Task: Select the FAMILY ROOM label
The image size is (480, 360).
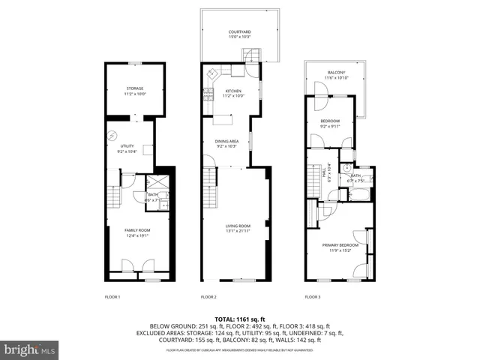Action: pyautogui.click(x=137, y=229)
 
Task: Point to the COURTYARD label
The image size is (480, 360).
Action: pyautogui.click(x=239, y=31)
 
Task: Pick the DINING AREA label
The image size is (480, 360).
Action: pyautogui.click(x=226, y=141)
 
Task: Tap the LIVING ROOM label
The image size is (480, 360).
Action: pyautogui.click(x=238, y=226)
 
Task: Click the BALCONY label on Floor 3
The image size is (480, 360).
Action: pyautogui.click(x=334, y=72)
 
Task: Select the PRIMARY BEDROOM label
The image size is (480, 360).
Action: pyautogui.click(x=340, y=245)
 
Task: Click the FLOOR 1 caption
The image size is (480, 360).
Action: pyautogui.click(x=112, y=298)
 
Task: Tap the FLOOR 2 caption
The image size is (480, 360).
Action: pyautogui.click(x=208, y=298)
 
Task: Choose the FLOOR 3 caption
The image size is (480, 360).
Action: pyautogui.click(x=312, y=298)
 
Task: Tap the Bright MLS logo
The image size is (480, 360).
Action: pyautogui.click(x=30, y=349)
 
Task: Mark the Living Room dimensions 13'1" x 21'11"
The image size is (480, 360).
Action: pyautogui.click(x=238, y=230)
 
